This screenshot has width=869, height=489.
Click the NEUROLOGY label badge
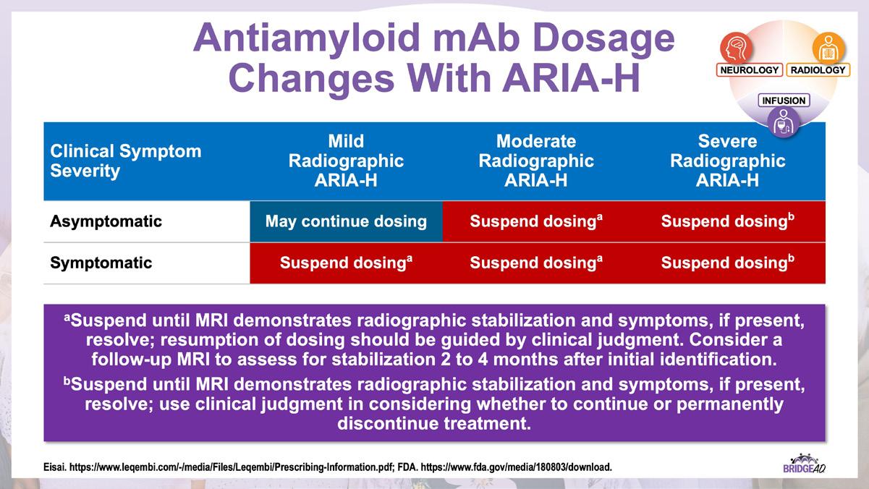(x=749, y=69)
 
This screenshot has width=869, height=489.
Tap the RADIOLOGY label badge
(x=818, y=69)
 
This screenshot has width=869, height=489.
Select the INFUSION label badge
(x=784, y=101)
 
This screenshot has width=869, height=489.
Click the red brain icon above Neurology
(x=736, y=48)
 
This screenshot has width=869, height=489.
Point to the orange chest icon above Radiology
(x=828, y=48)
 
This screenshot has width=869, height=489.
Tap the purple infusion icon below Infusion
(x=784, y=122)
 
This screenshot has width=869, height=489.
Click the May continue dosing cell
(x=346, y=221)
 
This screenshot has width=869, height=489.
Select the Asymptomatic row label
(x=106, y=221)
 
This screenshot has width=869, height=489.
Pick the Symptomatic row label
(x=101, y=263)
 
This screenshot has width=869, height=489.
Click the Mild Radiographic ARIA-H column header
(x=346, y=161)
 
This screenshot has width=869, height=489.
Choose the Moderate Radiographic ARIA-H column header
(x=536, y=161)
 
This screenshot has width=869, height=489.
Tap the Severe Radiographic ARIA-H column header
(x=727, y=161)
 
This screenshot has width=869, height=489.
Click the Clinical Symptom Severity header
(x=126, y=161)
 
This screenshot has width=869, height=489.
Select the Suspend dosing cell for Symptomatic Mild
(x=346, y=263)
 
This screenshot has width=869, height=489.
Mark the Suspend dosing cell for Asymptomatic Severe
(x=727, y=221)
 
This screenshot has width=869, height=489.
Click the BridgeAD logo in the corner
(x=804, y=464)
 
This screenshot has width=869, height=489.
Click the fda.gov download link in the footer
(x=517, y=467)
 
